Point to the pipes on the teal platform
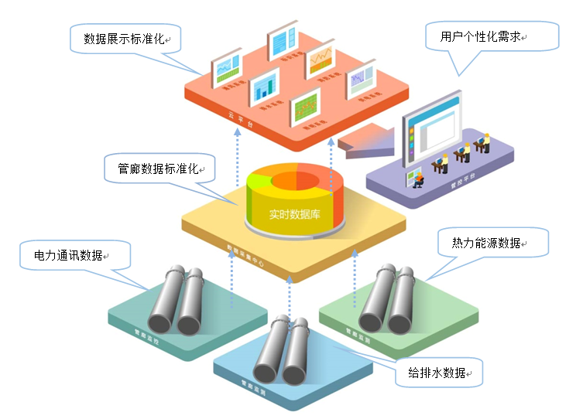click(177, 302)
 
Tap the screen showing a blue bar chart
click(264, 85)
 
